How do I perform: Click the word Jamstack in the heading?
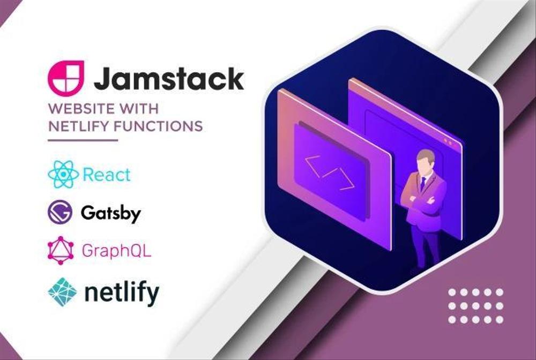click(x=169, y=79)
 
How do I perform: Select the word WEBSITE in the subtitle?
click(x=80, y=109)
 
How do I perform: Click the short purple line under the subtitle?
click(x=83, y=140)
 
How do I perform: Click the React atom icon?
click(x=63, y=174)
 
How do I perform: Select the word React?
click(x=107, y=175)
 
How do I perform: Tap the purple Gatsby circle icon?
click(x=60, y=213)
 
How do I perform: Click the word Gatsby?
click(x=110, y=213)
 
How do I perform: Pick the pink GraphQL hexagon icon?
click(x=61, y=250)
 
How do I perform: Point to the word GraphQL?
click(x=116, y=251)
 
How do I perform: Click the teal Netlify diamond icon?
click(x=62, y=292)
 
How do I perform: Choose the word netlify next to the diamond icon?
click(x=122, y=292)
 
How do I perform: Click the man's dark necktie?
click(x=423, y=184)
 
